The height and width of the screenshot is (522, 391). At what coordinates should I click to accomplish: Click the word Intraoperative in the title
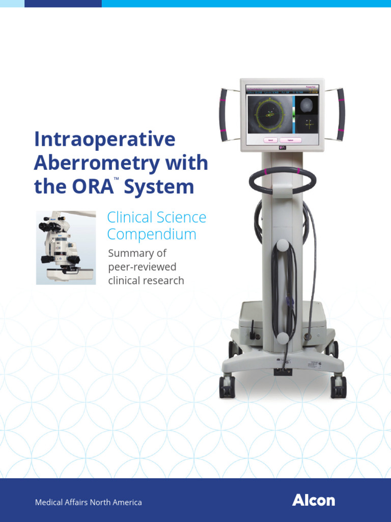point(104,140)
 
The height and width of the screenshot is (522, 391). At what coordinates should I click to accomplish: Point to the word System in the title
point(159,187)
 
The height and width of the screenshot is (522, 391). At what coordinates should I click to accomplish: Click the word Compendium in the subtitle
point(151,234)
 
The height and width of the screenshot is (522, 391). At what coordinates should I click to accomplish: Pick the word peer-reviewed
point(142,267)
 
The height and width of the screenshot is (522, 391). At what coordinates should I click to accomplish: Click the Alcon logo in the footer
point(314,500)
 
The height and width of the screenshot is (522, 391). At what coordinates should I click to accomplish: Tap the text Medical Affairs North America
point(88,502)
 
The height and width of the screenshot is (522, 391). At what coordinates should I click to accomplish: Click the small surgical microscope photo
point(66,247)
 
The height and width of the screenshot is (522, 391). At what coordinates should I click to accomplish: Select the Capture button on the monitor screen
point(290,139)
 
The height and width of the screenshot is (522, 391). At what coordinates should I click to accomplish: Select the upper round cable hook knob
point(283,245)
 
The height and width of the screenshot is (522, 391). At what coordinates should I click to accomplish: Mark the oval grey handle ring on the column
point(283,179)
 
